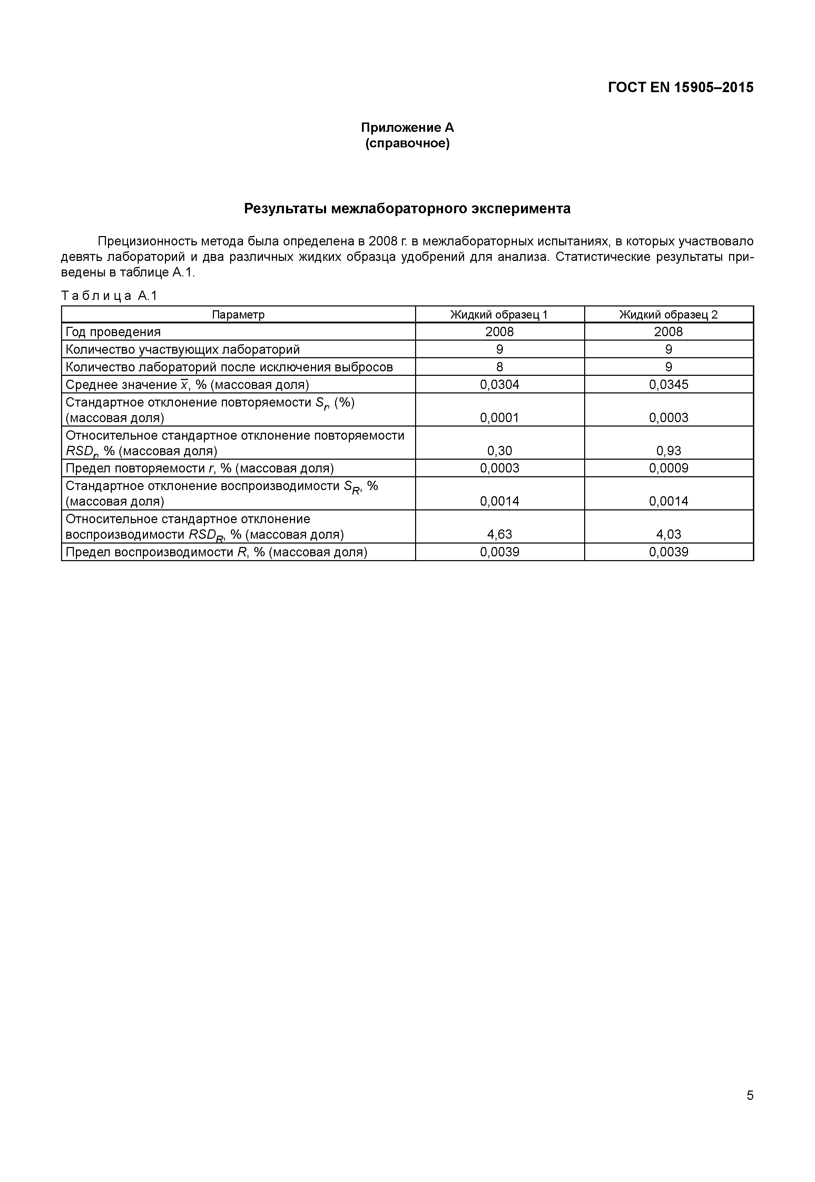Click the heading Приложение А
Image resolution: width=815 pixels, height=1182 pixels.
[x=407, y=127]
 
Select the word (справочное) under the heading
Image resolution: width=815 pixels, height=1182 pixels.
[x=407, y=144]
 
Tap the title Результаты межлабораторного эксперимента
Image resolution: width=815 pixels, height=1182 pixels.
[x=407, y=208]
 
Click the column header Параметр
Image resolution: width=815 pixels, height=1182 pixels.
[x=238, y=315]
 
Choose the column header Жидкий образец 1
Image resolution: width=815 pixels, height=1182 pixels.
[x=499, y=315]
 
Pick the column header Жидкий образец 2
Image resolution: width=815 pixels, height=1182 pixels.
[x=668, y=315]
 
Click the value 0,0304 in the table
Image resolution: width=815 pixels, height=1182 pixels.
[x=499, y=385]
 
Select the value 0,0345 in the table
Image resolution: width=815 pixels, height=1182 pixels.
[x=668, y=385]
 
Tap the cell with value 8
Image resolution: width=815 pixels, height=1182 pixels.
[x=499, y=367]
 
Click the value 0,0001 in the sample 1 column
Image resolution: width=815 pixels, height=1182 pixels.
[x=499, y=418]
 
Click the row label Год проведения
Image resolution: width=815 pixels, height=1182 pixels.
[x=113, y=332]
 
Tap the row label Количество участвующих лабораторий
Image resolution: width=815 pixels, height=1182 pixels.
[x=182, y=349]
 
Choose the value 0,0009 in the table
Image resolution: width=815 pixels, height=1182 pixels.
[x=668, y=468]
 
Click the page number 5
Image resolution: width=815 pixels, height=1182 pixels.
[x=750, y=1095]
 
